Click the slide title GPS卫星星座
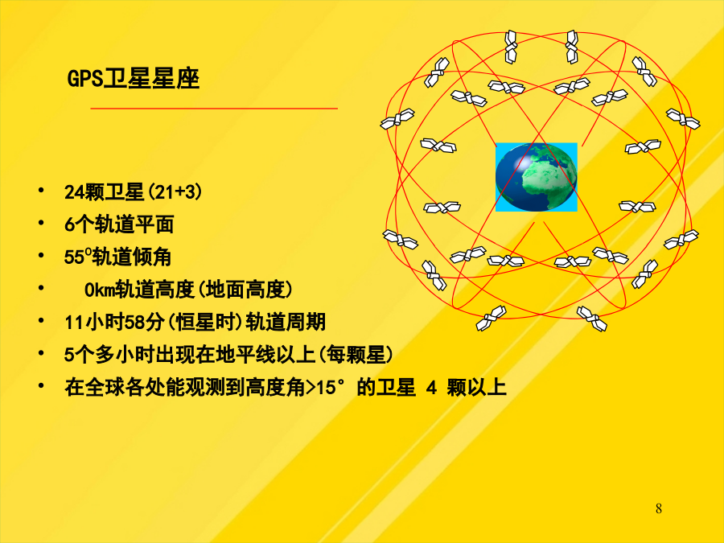[134, 79]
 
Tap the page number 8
[658, 508]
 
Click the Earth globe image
[536, 177]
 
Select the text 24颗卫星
[105, 192]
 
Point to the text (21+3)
[174, 192]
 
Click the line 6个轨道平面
[119, 225]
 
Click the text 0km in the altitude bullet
[99, 290]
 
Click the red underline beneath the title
[214, 109]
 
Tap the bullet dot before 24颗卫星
[42, 190]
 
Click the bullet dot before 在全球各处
[42, 385]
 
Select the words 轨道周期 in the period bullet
[286, 323]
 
